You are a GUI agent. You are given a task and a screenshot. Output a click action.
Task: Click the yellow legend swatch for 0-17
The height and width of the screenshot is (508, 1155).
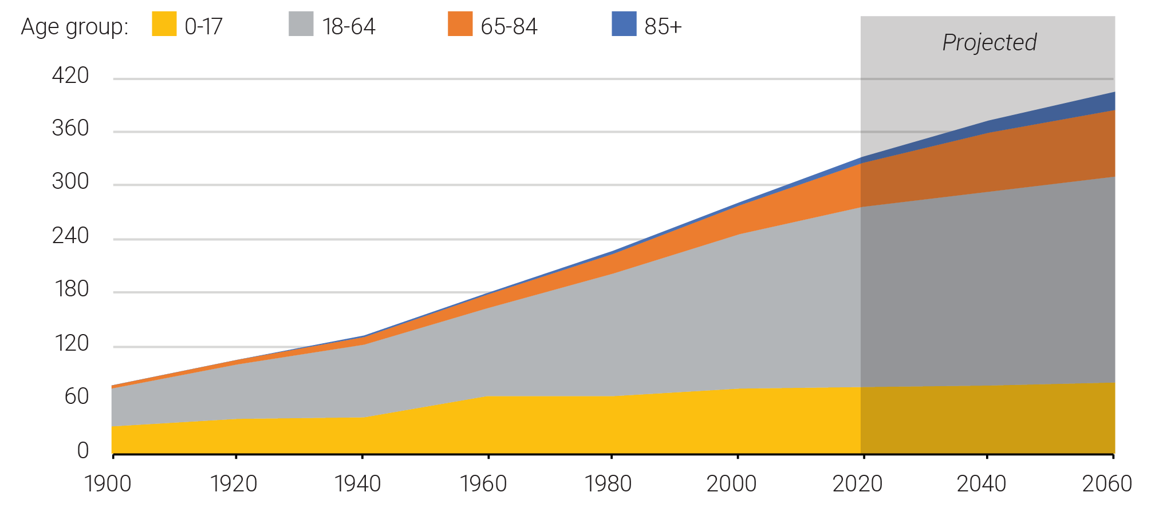[x=164, y=24]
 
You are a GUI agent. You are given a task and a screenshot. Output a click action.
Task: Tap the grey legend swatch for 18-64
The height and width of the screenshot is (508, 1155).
[x=301, y=24]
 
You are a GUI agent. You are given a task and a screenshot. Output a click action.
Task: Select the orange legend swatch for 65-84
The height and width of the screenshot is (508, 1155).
[x=460, y=24]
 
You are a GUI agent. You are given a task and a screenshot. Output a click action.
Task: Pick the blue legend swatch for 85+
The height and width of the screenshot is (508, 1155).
[x=624, y=24]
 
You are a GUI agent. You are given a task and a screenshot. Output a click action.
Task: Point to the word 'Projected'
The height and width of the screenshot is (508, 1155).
[x=990, y=43]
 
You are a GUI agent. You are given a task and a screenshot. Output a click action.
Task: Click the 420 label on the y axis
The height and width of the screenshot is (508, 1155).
[x=70, y=76]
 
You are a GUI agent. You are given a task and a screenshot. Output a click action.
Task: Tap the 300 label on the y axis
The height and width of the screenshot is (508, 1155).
[x=70, y=181]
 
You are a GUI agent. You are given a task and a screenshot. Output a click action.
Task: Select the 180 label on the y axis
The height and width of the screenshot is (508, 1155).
[x=72, y=289]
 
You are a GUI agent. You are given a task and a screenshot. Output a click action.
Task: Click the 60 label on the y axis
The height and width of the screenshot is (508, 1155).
[x=77, y=396]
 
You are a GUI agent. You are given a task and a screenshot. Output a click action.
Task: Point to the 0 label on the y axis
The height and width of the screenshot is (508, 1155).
[x=83, y=451]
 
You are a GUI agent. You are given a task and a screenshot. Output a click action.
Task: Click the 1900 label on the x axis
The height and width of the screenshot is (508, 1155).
[x=108, y=484]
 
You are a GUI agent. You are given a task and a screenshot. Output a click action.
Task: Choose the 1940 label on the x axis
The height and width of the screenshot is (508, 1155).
[x=358, y=484]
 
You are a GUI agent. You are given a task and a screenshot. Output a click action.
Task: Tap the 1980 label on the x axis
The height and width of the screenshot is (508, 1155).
[x=608, y=484]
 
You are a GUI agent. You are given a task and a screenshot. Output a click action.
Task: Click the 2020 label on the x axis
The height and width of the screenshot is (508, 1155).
[x=857, y=484]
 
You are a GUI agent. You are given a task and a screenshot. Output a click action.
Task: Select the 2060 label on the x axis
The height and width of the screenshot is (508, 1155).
[x=1107, y=484]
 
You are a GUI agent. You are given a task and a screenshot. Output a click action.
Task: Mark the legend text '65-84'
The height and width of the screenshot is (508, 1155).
[x=509, y=26]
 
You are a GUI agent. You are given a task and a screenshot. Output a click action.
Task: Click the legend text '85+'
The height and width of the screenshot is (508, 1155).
[x=663, y=26]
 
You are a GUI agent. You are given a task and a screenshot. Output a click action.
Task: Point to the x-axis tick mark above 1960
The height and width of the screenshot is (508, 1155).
[x=488, y=456]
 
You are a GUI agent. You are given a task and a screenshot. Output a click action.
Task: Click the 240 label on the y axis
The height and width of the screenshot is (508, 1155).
[x=70, y=236]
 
